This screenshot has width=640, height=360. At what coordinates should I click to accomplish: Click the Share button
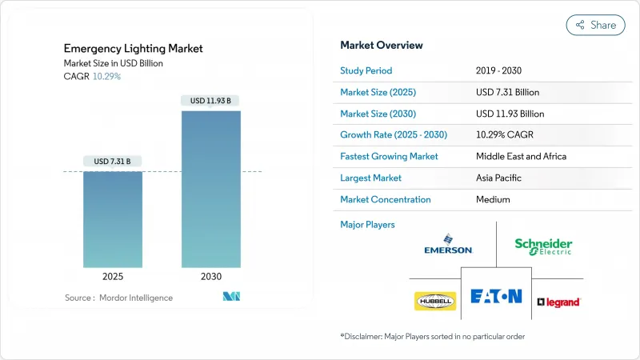(595, 25)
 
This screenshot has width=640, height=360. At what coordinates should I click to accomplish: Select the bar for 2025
(113, 220)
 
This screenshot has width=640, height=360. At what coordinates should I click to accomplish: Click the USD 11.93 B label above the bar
(211, 101)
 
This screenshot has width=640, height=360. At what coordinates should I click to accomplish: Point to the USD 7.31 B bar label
(113, 162)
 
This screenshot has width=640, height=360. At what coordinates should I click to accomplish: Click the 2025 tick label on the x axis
(113, 277)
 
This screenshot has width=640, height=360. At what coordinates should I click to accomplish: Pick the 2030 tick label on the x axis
(211, 277)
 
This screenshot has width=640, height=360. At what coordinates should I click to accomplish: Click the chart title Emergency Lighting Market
(134, 49)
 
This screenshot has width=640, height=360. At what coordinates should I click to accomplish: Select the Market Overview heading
(382, 46)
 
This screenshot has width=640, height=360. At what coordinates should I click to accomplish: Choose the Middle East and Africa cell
(521, 156)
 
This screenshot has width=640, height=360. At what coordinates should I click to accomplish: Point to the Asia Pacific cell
(500, 178)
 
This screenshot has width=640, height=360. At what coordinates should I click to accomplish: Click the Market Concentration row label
(386, 199)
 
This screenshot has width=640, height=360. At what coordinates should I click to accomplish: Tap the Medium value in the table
(492, 199)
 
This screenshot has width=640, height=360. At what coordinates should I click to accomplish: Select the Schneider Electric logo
(543, 246)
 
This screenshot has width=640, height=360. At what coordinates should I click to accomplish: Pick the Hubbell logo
(434, 301)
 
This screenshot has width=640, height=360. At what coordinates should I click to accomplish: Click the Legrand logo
(558, 302)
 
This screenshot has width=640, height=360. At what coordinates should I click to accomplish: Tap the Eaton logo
(496, 297)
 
